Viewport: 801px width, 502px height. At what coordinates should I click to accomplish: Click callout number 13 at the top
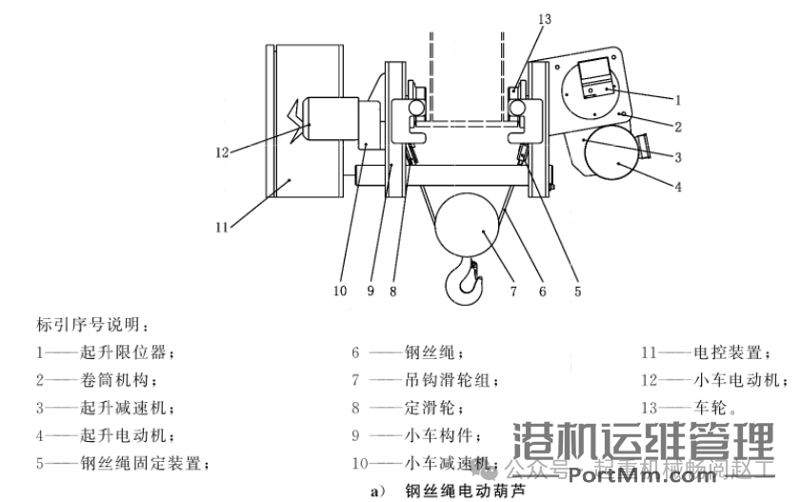[x=543, y=17]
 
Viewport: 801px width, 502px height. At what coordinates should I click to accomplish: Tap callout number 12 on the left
[x=222, y=151]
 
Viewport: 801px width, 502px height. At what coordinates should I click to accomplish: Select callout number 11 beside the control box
[x=220, y=227]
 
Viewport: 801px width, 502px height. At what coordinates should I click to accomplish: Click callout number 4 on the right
[x=677, y=188]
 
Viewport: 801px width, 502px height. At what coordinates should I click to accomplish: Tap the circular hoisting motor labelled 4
[x=611, y=156]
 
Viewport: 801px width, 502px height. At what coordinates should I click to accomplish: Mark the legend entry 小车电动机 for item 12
[x=739, y=380]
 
